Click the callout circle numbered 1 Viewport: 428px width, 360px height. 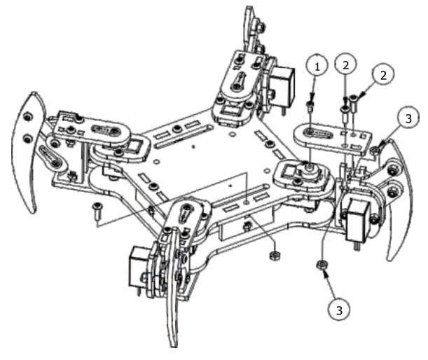click(317, 67)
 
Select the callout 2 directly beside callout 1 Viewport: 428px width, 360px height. click(345, 65)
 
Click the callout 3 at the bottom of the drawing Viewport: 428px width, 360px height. click(339, 308)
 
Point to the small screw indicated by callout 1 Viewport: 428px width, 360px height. click(309, 106)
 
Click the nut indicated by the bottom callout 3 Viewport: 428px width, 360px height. click(320, 264)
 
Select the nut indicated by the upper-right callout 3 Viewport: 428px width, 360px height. click(376, 151)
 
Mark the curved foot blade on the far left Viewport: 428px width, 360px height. click(27, 151)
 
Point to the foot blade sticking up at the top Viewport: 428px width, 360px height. click(250, 28)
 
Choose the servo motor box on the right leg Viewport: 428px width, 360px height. click(357, 217)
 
